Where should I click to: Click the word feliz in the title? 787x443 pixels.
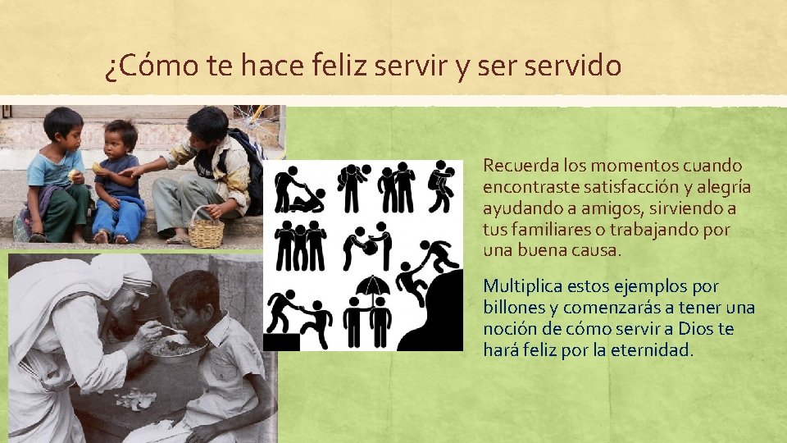339,66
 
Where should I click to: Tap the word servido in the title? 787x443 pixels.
577,66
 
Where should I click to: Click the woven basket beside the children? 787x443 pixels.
206,229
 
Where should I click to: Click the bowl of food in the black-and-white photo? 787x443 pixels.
175,348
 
